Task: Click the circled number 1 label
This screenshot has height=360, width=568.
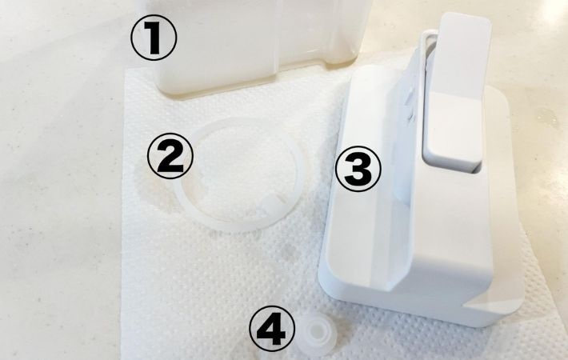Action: click(x=154, y=38)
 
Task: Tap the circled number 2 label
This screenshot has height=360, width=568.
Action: click(x=170, y=155)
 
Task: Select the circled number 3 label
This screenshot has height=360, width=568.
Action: click(x=358, y=169)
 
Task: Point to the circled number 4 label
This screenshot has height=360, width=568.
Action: click(x=272, y=329)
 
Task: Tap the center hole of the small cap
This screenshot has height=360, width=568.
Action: click(x=314, y=329)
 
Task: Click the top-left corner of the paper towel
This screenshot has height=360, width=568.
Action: click(x=126, y=70)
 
